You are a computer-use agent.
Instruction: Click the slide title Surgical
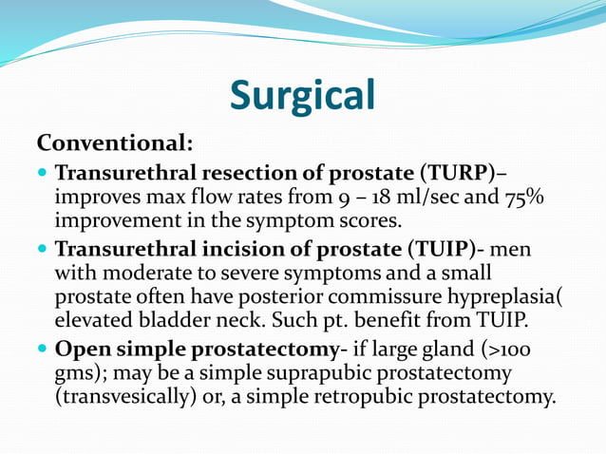point(303,95)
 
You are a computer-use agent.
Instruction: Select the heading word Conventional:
point(115,143)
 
